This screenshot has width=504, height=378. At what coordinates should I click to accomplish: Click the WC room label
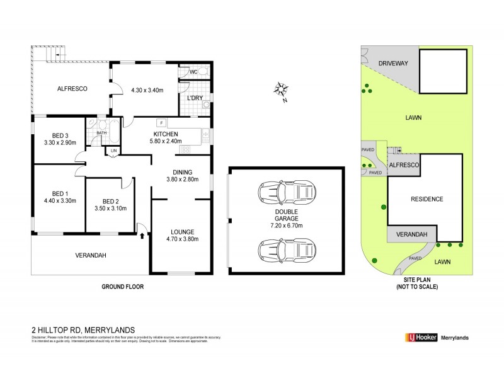click(193, 73)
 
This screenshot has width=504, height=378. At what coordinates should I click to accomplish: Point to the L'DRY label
click(194, 99)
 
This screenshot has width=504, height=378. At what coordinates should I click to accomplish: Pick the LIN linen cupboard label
click(113, 151)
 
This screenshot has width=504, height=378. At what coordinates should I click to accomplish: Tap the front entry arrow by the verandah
click(142, 236)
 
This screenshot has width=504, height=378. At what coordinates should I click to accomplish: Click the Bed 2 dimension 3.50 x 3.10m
click(110, 209)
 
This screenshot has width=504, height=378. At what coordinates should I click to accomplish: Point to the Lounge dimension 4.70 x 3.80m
click(181, 239)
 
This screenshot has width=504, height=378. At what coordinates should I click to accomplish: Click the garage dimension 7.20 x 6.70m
click(286, 225)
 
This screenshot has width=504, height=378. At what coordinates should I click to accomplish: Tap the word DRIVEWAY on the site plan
click(394, 64)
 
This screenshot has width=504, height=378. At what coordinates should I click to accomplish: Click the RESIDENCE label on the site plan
click(427, 199)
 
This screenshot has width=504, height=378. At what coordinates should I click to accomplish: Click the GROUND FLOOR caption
click(123, 287)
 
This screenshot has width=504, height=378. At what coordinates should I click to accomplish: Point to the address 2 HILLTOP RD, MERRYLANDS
click(79, 329)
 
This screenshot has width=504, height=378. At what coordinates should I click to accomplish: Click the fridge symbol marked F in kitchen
click(162, 122)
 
